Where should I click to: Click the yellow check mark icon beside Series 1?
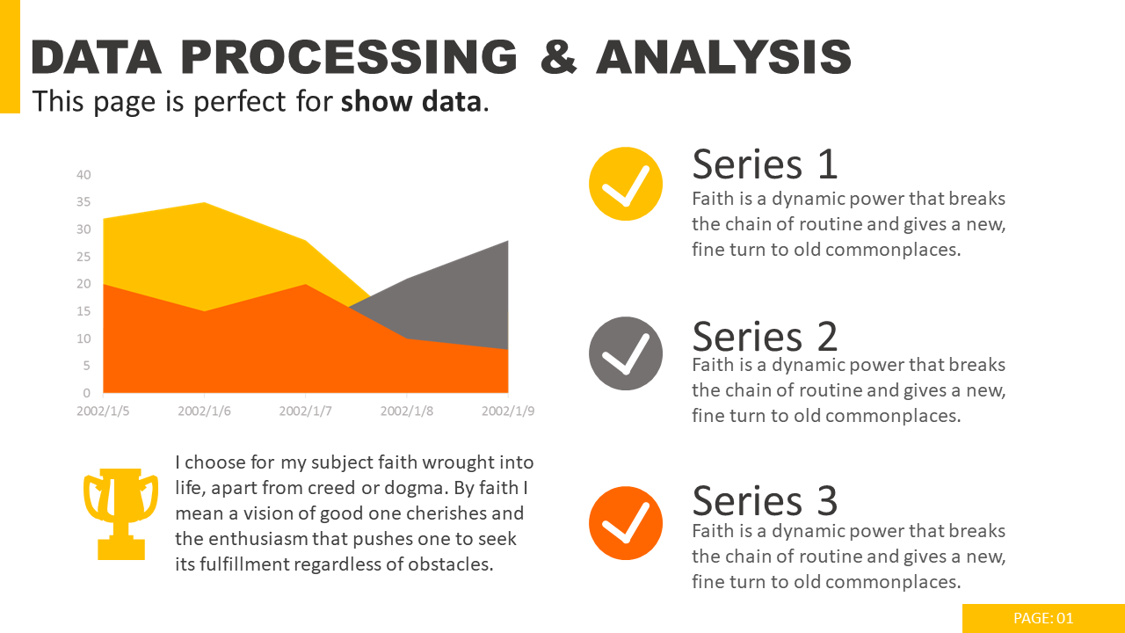tap(625, 184)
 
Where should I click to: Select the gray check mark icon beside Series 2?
tap(625, 353)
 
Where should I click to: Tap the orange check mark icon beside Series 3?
tap(625, 523)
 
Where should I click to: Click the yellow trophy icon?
tap(120, 513)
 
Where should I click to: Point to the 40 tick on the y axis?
tap(83, 175)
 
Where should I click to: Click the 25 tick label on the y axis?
tap(83, 257)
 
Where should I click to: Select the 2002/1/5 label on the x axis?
tap(103, 411)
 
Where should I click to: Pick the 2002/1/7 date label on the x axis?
tap(305, 411)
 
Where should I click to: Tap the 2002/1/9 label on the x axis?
tap(507, 411)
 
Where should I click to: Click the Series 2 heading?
tap(765, 336)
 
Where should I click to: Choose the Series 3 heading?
tap(765, 501)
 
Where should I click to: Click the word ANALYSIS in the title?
tap(723, 58)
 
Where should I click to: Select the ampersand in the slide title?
tap(559, 58)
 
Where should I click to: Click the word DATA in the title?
tap(97, 58)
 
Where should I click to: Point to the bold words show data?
tap(410, 102)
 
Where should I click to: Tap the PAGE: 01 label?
tap(1043, 618)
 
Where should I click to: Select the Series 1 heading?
tap(765, 164)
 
